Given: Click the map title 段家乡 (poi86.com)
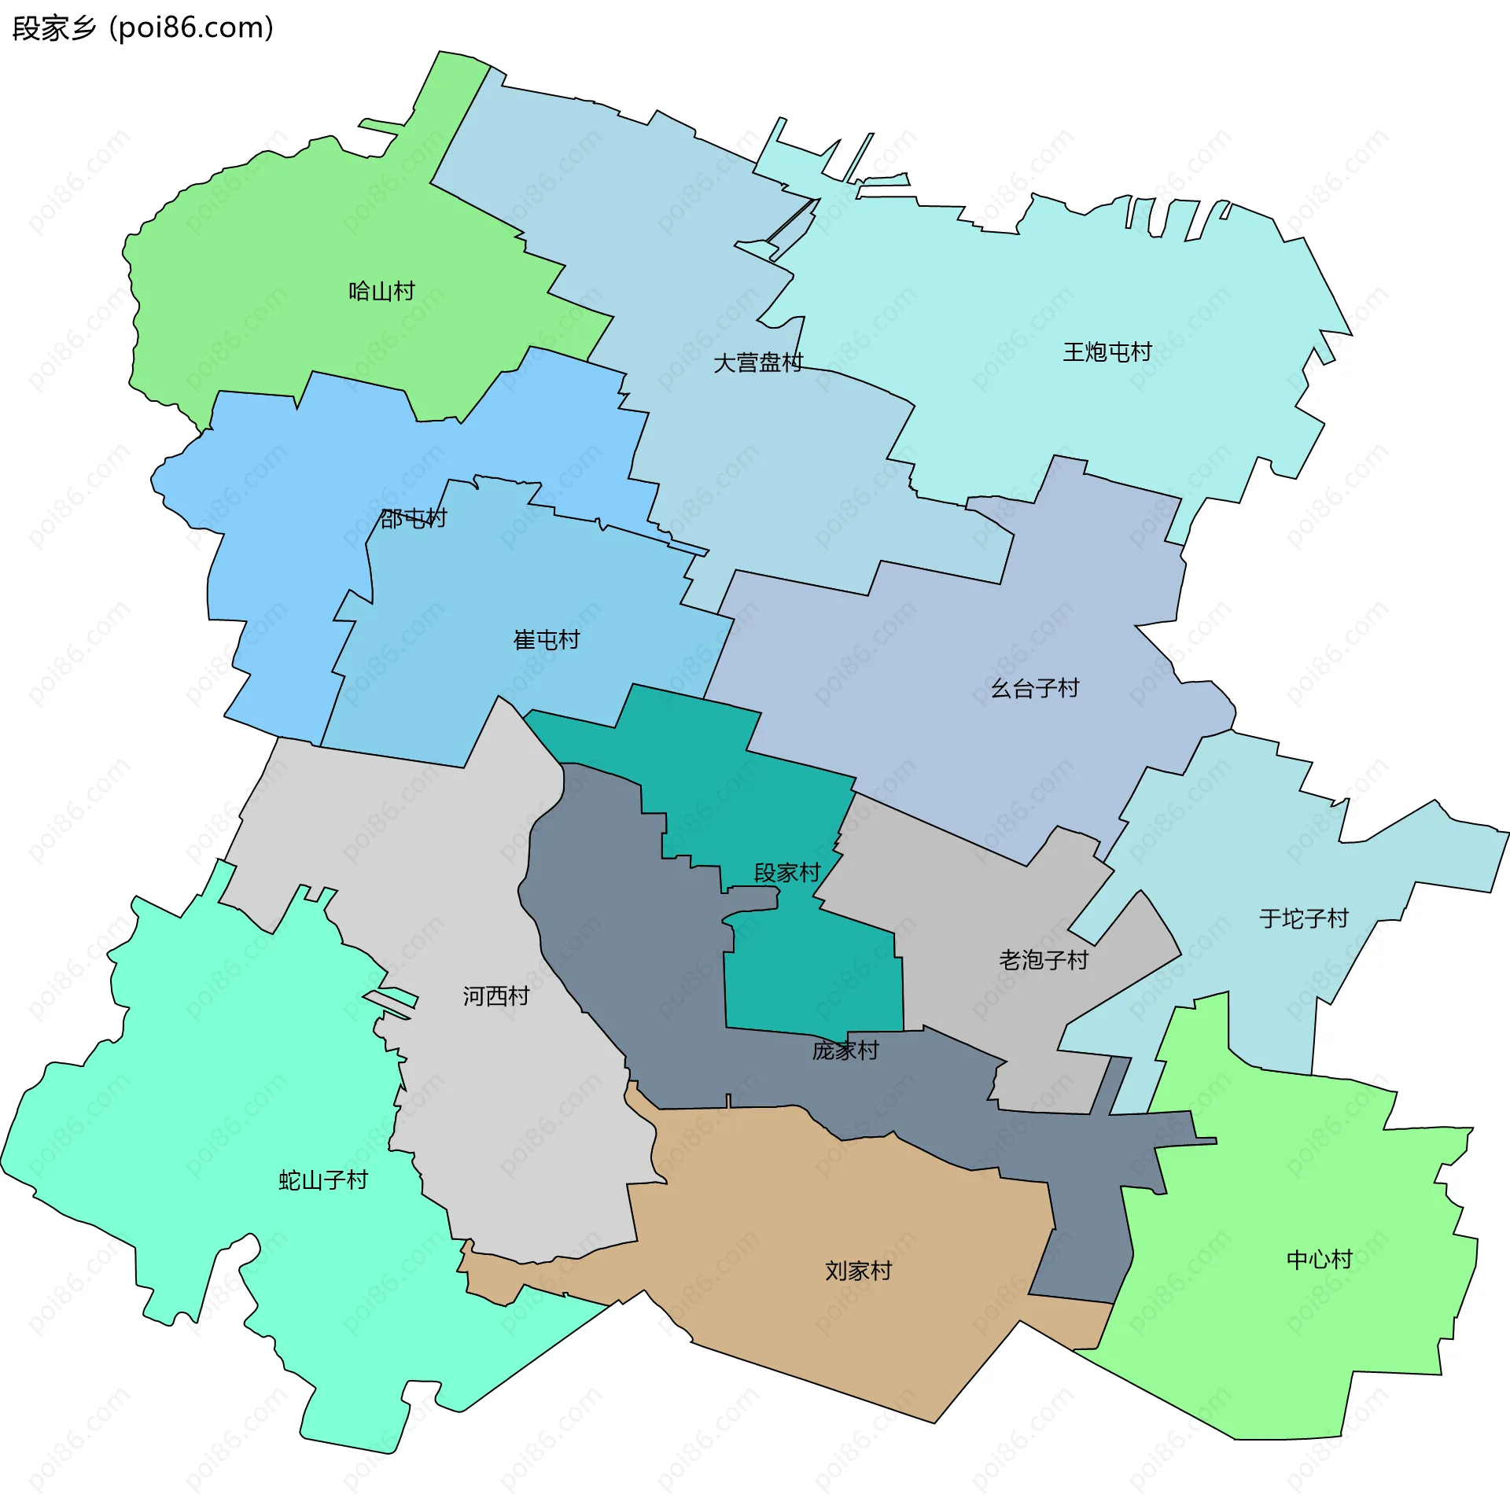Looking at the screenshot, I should pyautogui.click(x=143, y=28).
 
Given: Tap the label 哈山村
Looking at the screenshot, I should pyautogui.click(x=381, y=292).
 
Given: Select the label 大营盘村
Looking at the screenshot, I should pyautogui.click(x=757, y=362).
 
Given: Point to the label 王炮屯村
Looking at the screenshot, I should pyautogui.click(x=1107, y=352).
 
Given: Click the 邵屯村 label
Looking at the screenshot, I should pyautogui.click(x=413, y=518).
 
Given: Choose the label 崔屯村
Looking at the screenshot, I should pyautogui.click(x=547, y=640).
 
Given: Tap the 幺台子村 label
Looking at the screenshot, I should pyautogui.click(x=1034, y=689).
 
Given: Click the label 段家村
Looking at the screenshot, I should pyautogui.click(x=786, y=873).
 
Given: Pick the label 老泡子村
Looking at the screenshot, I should pyautogui.click(x=1043, y=960).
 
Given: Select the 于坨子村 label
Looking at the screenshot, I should pyautogui.click(x=1303, y=918).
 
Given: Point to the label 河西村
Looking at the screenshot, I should pyautogui.click(x=495, y=996).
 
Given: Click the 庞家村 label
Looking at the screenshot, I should pyautogui.click(x=845, y=1051).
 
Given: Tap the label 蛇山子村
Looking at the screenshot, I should pyautogui.click(x=323, y=1180).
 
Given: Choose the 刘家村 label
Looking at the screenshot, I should pyautogui.click(x=858, y=1271).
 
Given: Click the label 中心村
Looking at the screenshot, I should pyautogui.click(x=1319, y=1260).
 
